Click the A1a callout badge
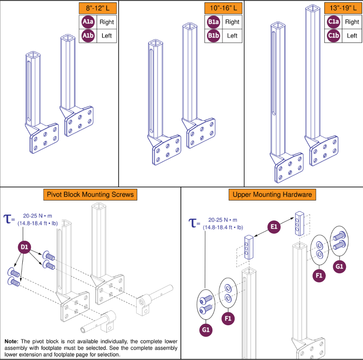88,22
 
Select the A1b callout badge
88,36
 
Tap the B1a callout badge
213,22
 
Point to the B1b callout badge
213,36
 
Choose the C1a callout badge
333,22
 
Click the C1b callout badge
333,36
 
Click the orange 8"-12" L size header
97,8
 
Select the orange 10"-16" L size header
223,8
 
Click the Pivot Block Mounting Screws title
90,194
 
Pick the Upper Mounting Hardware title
272,194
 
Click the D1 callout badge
25,247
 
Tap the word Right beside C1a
352,22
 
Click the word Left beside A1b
106,36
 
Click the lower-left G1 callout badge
206,330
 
